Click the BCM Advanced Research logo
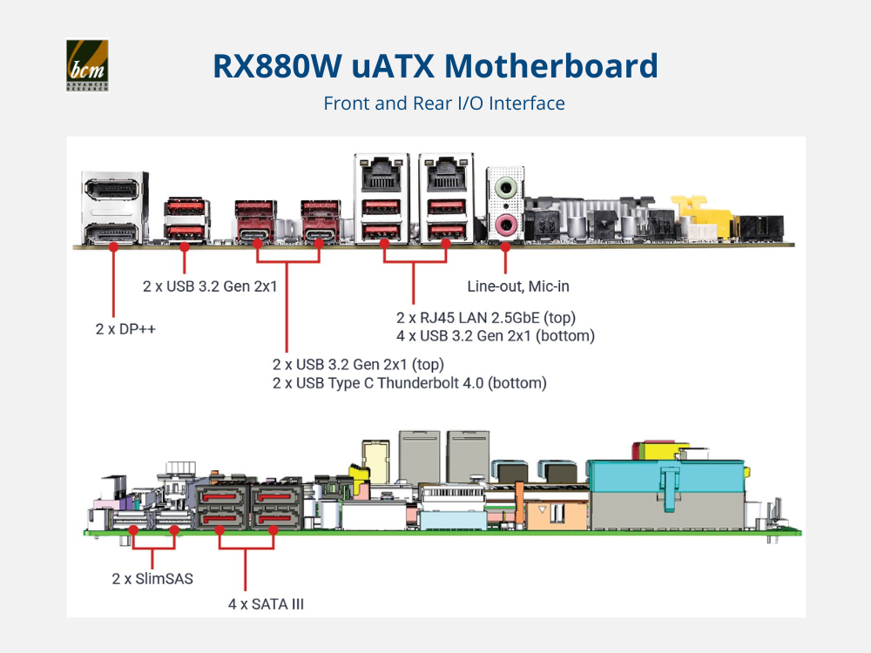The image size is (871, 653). point(87,65)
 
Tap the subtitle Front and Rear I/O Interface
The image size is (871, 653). point(444,104)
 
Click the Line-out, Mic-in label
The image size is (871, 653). point(518,286)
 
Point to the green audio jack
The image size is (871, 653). point(505,186)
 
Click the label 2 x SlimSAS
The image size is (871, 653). point(153,577)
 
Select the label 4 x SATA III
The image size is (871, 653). point(260,602)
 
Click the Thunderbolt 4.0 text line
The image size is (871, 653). point(409,382)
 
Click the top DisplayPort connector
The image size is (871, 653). point(110,188)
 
